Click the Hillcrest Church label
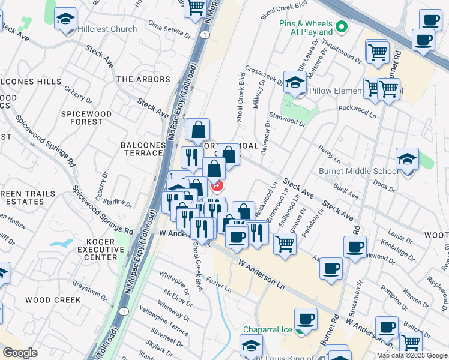pos(107,29)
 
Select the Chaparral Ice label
pos(268,329)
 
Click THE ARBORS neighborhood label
pos(143,79)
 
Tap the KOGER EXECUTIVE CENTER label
pos(92,249)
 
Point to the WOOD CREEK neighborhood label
pos(53,300)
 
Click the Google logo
pos(20,353)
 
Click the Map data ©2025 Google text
pos(412,355)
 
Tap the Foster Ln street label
pos(219,282)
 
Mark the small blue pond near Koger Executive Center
pos(62,244)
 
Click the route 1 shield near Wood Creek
pos(124,311)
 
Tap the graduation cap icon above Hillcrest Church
pos(65,19)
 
